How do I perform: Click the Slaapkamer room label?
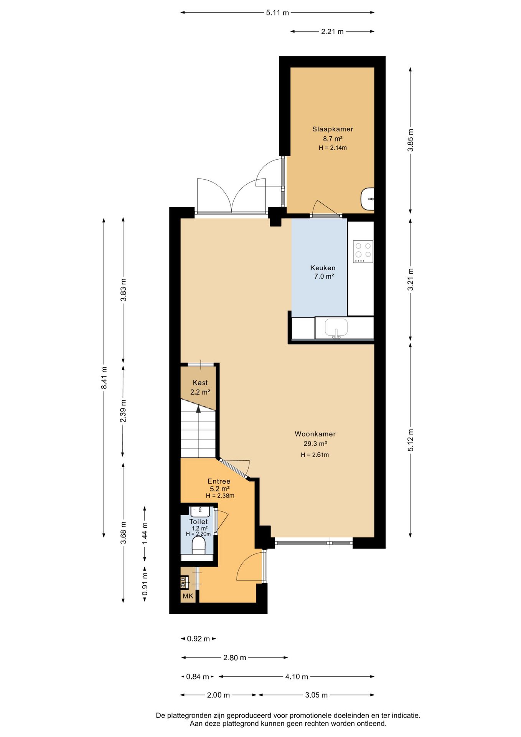click(333, 129)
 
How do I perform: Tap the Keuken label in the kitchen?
click(323, 268)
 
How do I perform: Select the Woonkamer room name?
click(315, 434)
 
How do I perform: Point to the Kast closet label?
click(200, 383)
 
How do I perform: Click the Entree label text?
click(219, 481)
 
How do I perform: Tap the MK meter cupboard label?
click(188, 596)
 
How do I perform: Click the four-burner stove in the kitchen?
click(363, 251)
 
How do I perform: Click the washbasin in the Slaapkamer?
click(368, 199)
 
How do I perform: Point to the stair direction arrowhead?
click(198, 409)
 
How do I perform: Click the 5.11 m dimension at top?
click(277, 13)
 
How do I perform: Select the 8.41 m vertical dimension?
click(104, 378)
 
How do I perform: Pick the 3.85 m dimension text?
click(410, 140)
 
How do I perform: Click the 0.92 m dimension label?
click(198, 639)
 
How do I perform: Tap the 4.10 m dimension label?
click(297, 677)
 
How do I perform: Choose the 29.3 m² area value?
click(315, 444)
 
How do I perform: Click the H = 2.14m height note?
click(333, 148)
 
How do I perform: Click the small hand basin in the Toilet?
click(200, 511)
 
